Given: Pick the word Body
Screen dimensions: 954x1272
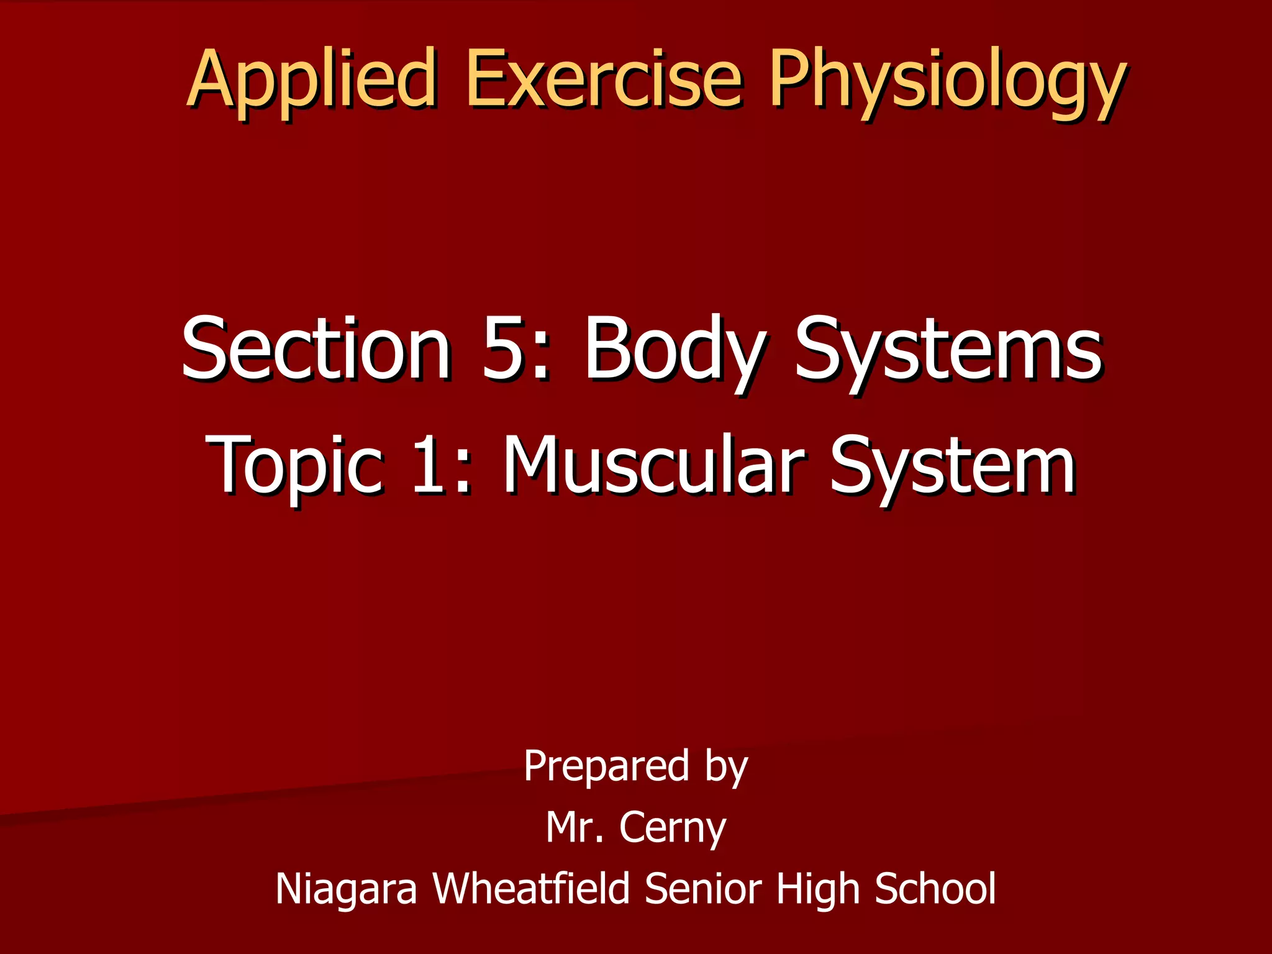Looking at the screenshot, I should tap(675, 351).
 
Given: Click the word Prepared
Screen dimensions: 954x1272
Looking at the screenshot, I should tap(606, 766).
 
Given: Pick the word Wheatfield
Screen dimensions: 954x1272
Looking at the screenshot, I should tap(532, 888).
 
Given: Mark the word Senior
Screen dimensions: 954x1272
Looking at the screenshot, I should tap(702, 888).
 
